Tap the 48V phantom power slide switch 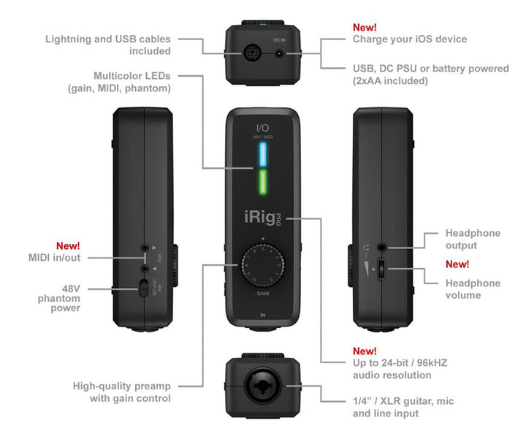[144, 289]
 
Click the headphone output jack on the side [383, 248]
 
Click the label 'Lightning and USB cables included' [107, 45]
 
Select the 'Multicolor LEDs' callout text [132, 82]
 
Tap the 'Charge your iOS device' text [410, 39]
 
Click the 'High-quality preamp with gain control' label [121, 392]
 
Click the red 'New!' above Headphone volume [457, 264]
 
